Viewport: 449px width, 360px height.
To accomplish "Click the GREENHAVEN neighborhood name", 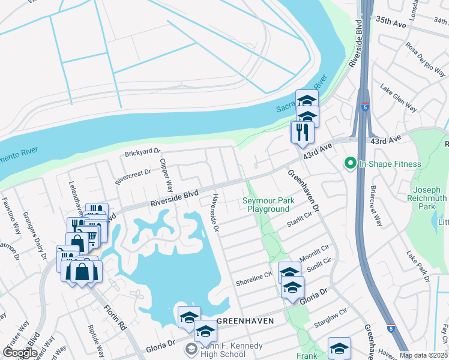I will tap(245, 321).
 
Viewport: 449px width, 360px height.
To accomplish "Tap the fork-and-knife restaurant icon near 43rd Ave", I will tap(302, 132).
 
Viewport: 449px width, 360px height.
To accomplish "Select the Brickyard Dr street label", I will tap(143, 153).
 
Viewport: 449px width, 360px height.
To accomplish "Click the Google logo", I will tap(19, 353).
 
